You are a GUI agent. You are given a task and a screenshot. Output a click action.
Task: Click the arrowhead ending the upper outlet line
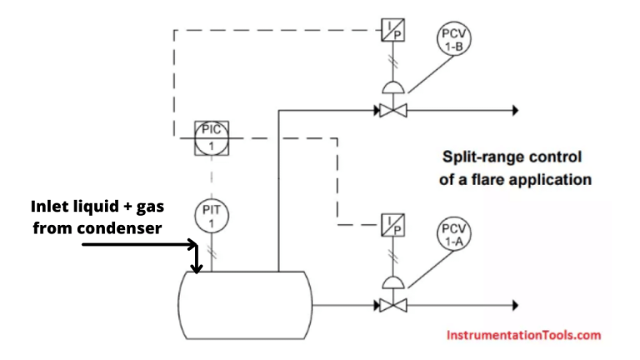point(515,109)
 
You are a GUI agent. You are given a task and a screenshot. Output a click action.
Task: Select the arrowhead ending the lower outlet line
point(515,304)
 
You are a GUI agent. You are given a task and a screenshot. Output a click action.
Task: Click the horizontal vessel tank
point(246,305)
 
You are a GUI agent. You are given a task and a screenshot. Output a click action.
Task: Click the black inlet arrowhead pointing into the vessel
point(197,267)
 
